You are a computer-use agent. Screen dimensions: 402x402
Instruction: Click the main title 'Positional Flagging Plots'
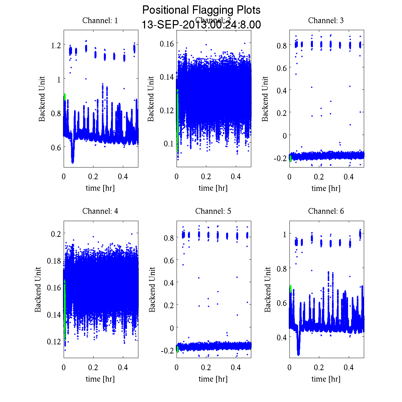[201, 10]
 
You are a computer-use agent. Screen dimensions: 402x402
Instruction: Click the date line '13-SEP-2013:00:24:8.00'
[201, 25]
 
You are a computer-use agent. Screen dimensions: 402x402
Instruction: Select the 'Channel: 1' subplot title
[100, 20]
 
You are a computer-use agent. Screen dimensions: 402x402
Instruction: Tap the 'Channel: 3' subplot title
[326, 20]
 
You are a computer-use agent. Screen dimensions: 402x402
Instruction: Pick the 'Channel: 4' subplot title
[100, 211]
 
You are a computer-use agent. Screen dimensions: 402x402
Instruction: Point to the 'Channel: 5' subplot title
[213, 211]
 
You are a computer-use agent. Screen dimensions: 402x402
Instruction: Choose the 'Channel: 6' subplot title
[326, 211]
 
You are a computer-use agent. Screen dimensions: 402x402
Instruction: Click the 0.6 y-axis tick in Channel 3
[282, 68]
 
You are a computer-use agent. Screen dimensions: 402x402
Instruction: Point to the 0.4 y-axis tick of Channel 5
[169, 283]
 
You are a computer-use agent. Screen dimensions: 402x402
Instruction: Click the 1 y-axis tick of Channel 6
[284, 234]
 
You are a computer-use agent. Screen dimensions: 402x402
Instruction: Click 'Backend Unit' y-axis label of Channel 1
[42, 99]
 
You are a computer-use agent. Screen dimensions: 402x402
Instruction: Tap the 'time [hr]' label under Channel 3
[326, 188]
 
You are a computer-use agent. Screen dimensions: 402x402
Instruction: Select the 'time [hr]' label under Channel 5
[213, 379]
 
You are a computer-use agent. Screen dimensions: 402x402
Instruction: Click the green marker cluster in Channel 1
[64, 97]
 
